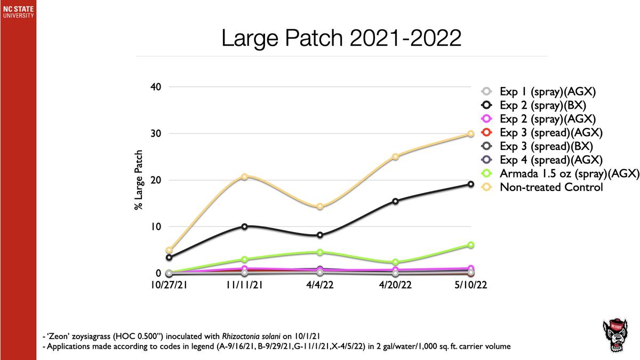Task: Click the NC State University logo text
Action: point(18,12)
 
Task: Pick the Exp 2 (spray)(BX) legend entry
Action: point(543,105)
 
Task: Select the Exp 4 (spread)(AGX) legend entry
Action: point(551,159)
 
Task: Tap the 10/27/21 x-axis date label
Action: point(169,285)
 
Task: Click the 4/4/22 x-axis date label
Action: point(320,285)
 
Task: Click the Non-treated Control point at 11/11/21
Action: point(244,177)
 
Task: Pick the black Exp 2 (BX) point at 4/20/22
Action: point(395,201)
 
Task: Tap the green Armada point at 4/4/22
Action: point(320,252)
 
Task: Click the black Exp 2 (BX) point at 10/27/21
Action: point(169,258)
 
